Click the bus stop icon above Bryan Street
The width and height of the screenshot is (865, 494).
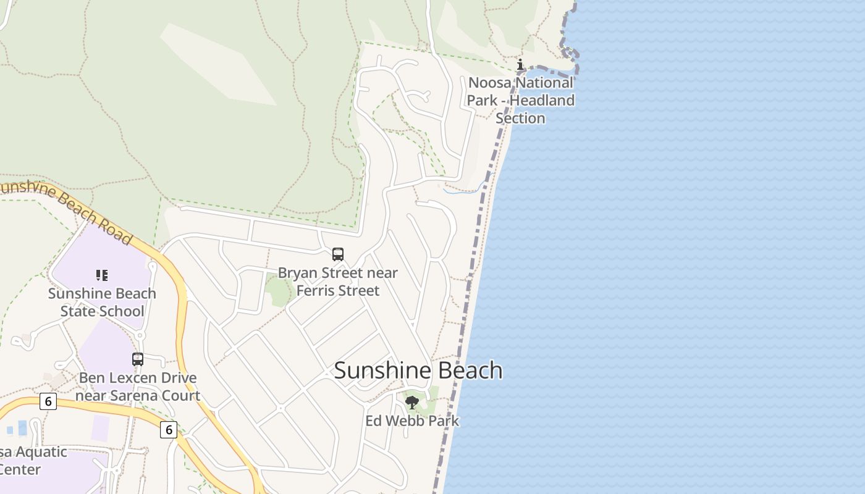338,254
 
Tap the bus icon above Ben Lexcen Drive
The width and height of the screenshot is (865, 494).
138,359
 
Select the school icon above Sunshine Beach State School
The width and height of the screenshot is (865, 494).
102,275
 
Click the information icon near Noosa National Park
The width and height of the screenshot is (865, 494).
520,64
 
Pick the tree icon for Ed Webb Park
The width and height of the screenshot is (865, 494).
411,403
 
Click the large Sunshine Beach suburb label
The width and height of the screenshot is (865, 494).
418,371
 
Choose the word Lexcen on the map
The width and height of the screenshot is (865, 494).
130,378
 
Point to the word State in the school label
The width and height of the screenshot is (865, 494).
77,311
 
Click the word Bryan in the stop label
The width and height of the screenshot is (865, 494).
295,272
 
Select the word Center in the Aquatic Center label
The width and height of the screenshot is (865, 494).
20,469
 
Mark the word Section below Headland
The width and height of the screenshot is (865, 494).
520,118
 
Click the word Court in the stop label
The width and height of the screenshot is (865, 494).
181,395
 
